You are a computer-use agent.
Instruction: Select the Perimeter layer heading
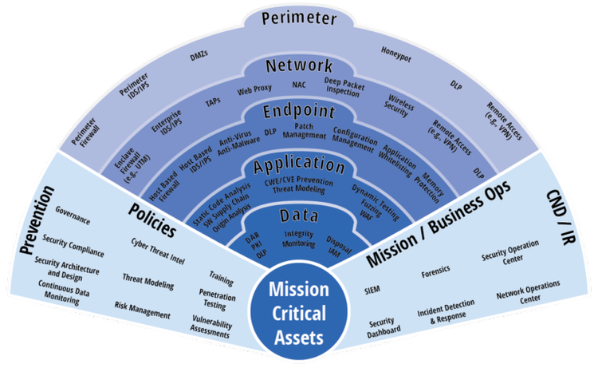pyautogui.click(x=298, y=17)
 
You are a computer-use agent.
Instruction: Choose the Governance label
pyautogui.click(x=73, y=216)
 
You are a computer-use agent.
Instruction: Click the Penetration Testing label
pyautogui.click(x=211, y=299)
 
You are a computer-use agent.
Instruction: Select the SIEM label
pyautogui.click(x=372, y=288)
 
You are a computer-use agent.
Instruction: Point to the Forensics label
pyautogui.click(x=438, y=276)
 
